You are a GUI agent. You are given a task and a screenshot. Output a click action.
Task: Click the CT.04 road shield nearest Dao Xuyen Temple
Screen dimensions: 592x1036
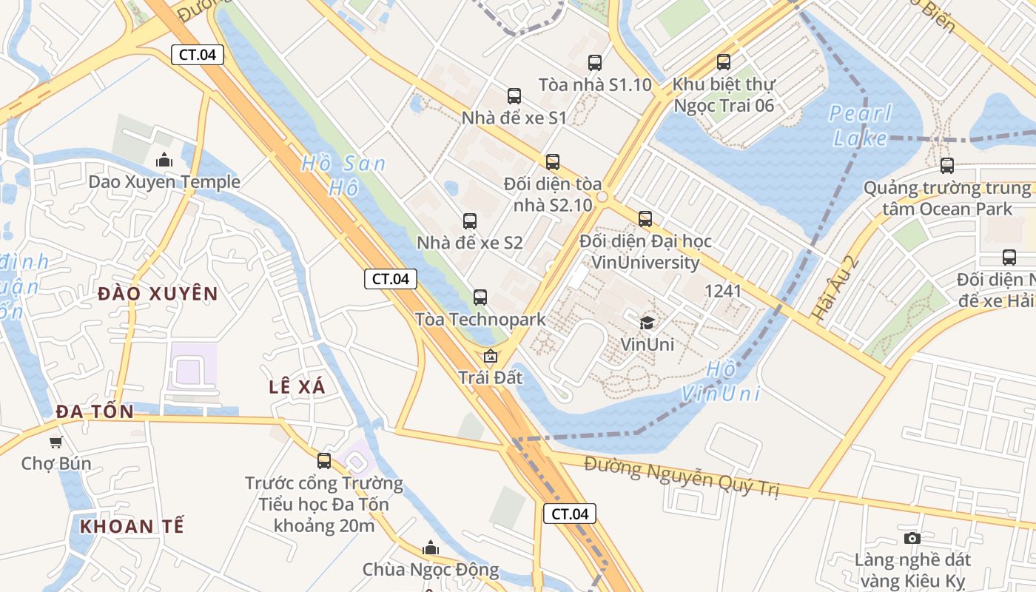[198, 54]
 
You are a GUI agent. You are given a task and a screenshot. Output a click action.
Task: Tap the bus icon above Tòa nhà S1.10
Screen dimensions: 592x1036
[595, 63]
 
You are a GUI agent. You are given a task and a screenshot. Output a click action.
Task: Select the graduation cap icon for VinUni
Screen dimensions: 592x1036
[647, 323]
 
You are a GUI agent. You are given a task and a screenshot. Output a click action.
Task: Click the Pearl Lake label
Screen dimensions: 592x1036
[861, 126]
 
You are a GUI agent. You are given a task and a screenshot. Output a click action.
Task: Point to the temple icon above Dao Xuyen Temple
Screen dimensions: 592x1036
[164, 160]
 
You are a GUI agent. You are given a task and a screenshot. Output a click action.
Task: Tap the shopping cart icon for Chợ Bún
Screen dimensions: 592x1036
[55, 442]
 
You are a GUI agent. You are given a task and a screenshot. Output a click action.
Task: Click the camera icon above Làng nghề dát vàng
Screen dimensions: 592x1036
[912, 538]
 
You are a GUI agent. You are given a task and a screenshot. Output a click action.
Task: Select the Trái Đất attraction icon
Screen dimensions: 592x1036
[490, 357]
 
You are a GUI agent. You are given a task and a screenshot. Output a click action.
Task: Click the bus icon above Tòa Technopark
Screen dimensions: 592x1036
[480, 297]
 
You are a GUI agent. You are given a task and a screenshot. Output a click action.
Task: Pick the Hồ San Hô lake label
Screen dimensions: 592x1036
[342, 175]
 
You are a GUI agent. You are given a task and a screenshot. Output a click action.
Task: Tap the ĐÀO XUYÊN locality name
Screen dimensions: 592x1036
[158, 294]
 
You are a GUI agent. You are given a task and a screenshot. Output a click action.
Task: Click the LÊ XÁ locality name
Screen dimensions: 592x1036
[297, 386]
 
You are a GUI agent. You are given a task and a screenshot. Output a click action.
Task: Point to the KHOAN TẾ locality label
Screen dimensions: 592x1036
[132, 527]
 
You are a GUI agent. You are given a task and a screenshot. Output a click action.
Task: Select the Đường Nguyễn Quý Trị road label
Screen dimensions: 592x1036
[681, 477]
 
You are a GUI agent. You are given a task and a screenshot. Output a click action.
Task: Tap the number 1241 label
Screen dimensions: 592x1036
[723, 291]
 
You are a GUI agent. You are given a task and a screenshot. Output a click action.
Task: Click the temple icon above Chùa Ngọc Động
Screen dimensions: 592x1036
[430, 548]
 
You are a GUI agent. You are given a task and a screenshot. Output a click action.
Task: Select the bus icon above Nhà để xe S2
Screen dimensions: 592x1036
[470, 221]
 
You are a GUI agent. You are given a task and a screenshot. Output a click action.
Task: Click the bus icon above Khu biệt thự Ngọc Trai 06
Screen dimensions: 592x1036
[724, 62]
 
